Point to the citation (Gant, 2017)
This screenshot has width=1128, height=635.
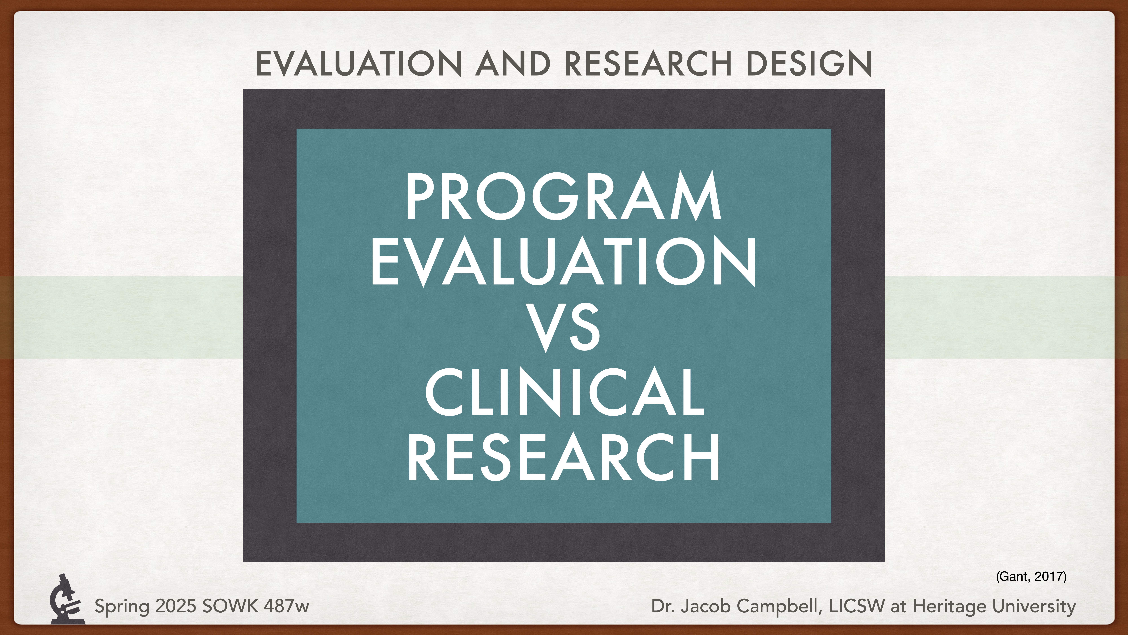point(1031,576)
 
